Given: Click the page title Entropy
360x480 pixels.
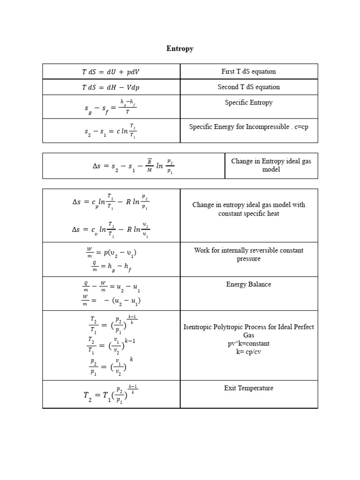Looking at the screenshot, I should click(x=180, y=49).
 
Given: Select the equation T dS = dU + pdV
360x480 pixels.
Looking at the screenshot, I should click(x=111, y=72).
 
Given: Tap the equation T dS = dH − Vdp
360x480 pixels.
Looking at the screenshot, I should click(x=111, y=87).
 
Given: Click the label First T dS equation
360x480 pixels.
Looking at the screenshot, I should click(x=248, y=72).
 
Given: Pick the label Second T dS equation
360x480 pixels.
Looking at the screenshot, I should click(x=248, y=87).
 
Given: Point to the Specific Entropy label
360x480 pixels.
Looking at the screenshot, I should click(x=248, y=103).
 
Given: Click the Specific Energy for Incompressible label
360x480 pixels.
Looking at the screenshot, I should click(x=248, y=127).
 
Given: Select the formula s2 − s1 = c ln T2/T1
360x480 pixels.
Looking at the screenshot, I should click(x=107, y=131).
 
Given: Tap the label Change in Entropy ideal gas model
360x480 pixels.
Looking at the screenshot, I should click(x=271, y=165).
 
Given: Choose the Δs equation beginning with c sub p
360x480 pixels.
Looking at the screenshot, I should click(x=111, y=202).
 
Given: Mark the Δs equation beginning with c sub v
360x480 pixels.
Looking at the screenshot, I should click(x=111, y=229).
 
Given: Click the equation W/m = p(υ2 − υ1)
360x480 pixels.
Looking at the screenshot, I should click(x=111, y=253).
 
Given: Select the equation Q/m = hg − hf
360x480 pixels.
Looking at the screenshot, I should click(x=111, y=267).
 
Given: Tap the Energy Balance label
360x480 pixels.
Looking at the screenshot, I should click(x=248, y=285).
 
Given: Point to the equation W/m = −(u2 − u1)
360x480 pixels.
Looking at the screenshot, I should click(x=111, y=300).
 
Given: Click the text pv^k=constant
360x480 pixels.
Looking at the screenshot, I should click(x=248, y=344).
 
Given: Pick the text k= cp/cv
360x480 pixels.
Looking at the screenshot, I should click(x=248, y=352).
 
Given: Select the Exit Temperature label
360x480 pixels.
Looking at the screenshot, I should click(x=248, y=388).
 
